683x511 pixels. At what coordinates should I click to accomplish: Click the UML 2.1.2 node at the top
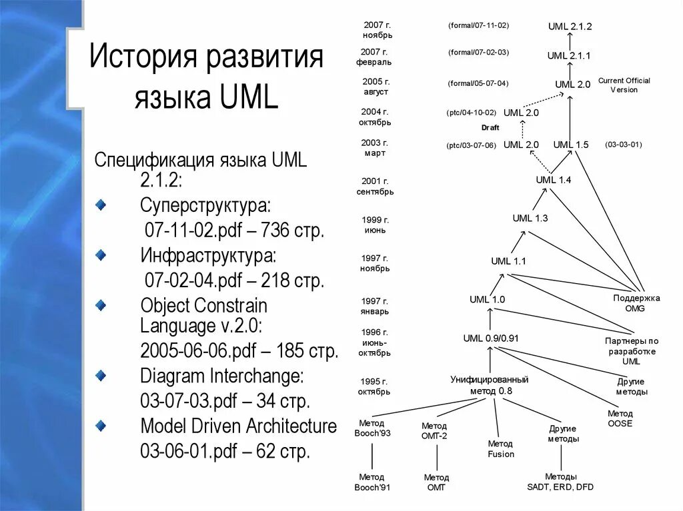tap(570, 27)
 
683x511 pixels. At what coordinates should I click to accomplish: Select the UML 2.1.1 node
tap(569, 56)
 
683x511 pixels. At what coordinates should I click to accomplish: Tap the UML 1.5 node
tap(570, 145)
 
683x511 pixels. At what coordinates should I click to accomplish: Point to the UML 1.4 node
tap(554, 180)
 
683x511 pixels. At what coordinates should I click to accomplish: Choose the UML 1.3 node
tap(530, 218)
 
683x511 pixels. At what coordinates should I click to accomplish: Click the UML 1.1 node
tap(508, 261)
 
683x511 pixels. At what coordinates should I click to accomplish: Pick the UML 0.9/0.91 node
tap(491, 338)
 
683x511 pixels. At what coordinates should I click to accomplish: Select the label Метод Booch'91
tap(372, 482)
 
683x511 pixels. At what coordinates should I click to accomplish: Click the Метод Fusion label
tap(500, 449)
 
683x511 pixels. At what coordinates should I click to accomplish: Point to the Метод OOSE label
tap(620, 418)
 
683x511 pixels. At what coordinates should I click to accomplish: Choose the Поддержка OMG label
tap(636, 303)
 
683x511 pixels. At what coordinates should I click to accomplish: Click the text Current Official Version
tap(624, 85)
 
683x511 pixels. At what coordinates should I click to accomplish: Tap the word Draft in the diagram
tap(490, 127)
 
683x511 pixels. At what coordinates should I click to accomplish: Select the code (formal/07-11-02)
tap(479, 25)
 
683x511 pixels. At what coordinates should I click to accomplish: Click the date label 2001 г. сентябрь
tap(376, 186)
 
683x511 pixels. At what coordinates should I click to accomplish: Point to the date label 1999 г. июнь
tap(375, 225)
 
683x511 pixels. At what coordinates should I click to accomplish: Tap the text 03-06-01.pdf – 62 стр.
tap(225, 451)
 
